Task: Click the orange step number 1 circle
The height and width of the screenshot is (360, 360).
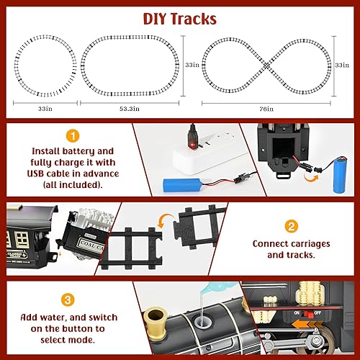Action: pos(71,135)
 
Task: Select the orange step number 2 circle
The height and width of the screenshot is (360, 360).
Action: pos(291,225)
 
